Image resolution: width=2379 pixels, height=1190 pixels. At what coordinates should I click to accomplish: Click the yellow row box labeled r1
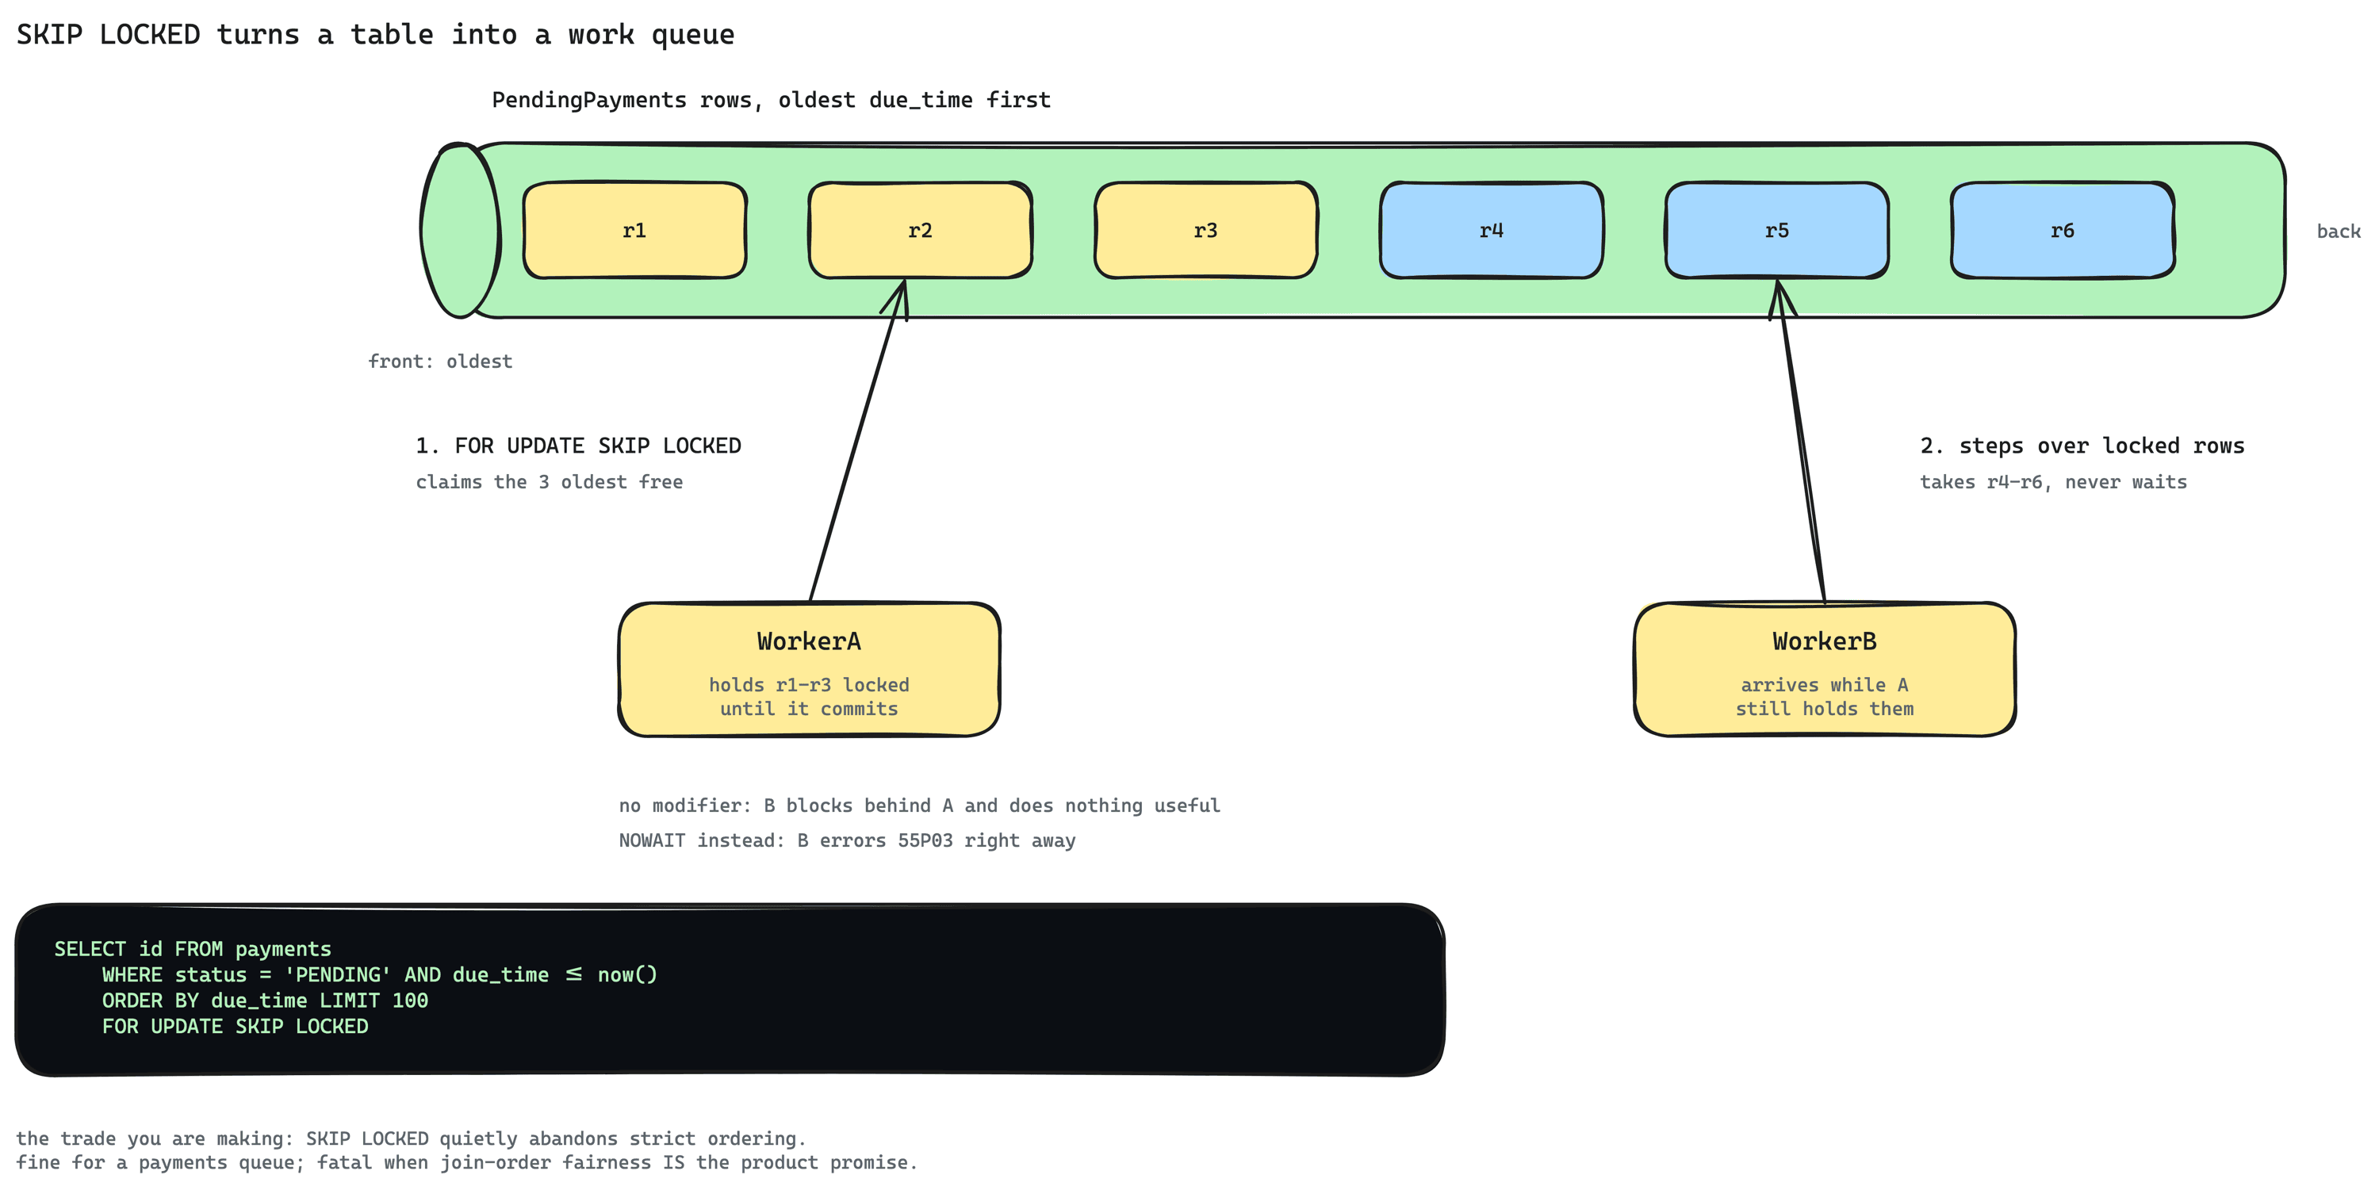pyautogui.click(x=634, y=230)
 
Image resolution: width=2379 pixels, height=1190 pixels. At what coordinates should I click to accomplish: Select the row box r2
pyautogui.click(x=920, y=230)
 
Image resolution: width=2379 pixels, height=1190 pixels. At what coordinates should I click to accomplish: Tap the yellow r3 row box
pyautogui.click(x=1205, y=230)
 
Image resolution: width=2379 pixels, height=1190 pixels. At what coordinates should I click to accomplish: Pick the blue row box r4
pyautogui.click(x=1492, y=230)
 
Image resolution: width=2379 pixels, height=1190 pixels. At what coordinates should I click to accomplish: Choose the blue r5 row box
pyautogui.click(x=1777, y=230)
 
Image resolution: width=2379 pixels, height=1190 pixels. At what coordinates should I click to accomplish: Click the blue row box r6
pyautogui.click(x=2063, y=230)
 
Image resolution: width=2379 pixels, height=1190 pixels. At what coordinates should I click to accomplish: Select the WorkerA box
pyautogui.click(x=809, y=669)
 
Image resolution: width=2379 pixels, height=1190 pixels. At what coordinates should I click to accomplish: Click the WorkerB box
pyautogui.click(x=1824, y=669)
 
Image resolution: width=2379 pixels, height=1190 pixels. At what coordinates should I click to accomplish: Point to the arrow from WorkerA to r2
pyautogui.click(x=858, y=440)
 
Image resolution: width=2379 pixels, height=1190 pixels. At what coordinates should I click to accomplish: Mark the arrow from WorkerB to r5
pyautogui.click(x=1801, y=440)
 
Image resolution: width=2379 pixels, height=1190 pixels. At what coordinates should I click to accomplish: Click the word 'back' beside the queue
pyautogui.click(x=2339, y=231)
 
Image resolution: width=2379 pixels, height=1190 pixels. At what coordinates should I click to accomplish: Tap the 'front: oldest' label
pyautogui.click(x=439, y=361)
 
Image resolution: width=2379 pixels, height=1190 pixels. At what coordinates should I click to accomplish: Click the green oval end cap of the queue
pyautogui.click(x=460, y=230)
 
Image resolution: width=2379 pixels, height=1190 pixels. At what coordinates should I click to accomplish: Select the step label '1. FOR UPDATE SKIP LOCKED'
pyautogui.click(x=578, y=446)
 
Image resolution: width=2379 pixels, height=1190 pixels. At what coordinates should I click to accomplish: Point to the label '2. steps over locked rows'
pyautogui.click(x=2082, y=446)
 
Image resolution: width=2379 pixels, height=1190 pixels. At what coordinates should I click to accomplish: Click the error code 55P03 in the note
pyautogui.click(x=925, y=840)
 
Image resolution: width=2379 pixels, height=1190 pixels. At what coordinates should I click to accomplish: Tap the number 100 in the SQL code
pyautogui.click(x=410, y=1000)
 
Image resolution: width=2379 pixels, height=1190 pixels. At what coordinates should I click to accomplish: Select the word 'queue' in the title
pyautogui.click(x=692, y=35)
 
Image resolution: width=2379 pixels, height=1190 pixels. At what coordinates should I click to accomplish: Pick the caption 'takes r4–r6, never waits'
pyautogui.click(x=2053, y=482)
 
